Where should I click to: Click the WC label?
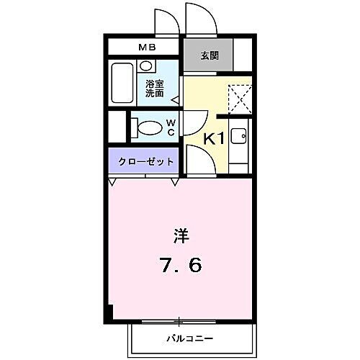click(x=171, y=127)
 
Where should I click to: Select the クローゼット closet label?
click(x=142, y=161)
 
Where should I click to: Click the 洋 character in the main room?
click(x=180, y=235)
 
